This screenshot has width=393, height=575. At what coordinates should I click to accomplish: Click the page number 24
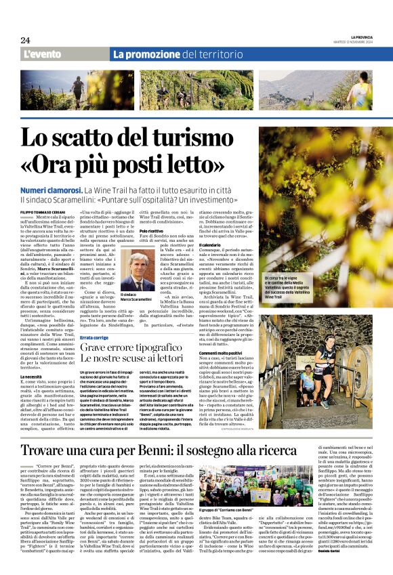click(x=25, y=40)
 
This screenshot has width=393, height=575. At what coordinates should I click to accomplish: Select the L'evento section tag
click(x=43, y=54)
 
